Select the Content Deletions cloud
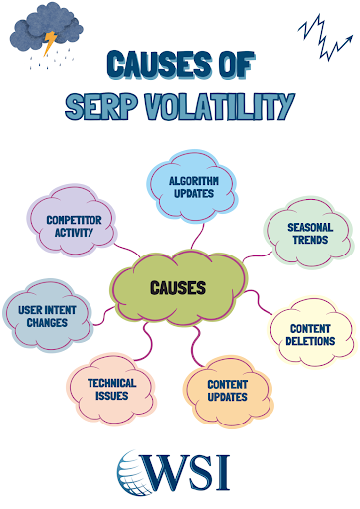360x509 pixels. (312, 335)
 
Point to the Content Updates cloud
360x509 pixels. (227, 390)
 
